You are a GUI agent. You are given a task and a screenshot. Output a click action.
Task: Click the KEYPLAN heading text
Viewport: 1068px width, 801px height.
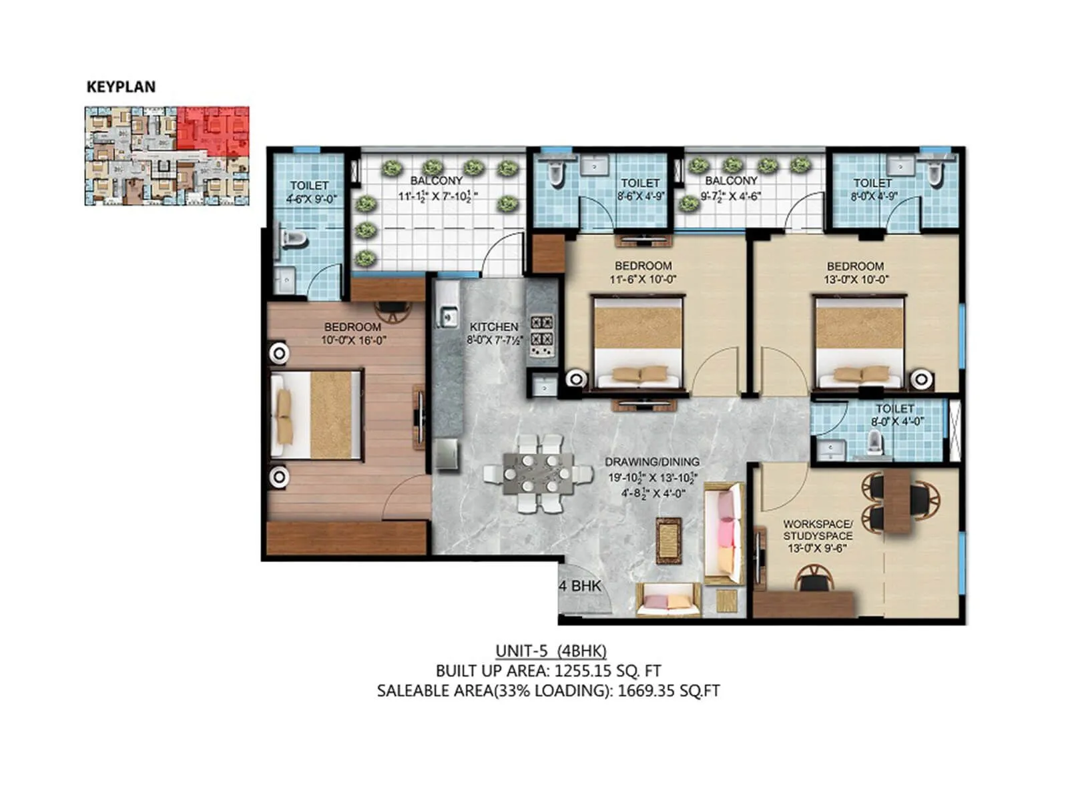coord(121,87)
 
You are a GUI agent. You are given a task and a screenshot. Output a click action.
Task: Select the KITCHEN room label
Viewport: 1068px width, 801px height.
coord(493,326)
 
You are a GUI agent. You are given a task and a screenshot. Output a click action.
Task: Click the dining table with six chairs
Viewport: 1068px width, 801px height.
coord(538,473)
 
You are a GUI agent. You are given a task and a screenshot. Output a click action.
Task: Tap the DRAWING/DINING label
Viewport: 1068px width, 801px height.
coord(651,461)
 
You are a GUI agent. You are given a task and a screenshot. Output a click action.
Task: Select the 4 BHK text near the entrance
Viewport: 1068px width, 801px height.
coord(580,586)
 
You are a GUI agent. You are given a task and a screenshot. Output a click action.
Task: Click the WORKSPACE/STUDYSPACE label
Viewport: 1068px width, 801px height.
coord(817,530)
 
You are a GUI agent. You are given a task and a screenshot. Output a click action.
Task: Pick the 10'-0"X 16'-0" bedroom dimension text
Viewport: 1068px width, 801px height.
coord(353,340)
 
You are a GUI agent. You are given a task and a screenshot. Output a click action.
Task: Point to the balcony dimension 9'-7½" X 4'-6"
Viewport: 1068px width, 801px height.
coord(732,196)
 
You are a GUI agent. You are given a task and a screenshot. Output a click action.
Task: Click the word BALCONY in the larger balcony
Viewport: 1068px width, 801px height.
coord(436,180)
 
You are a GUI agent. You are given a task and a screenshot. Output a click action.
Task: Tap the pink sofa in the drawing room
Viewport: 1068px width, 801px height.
coord(725,531)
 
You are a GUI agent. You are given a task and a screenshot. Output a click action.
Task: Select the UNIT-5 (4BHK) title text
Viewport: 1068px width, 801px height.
coord(551,651)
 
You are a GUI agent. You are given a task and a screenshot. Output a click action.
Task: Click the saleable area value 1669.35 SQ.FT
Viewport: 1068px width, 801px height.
coord(668,691)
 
